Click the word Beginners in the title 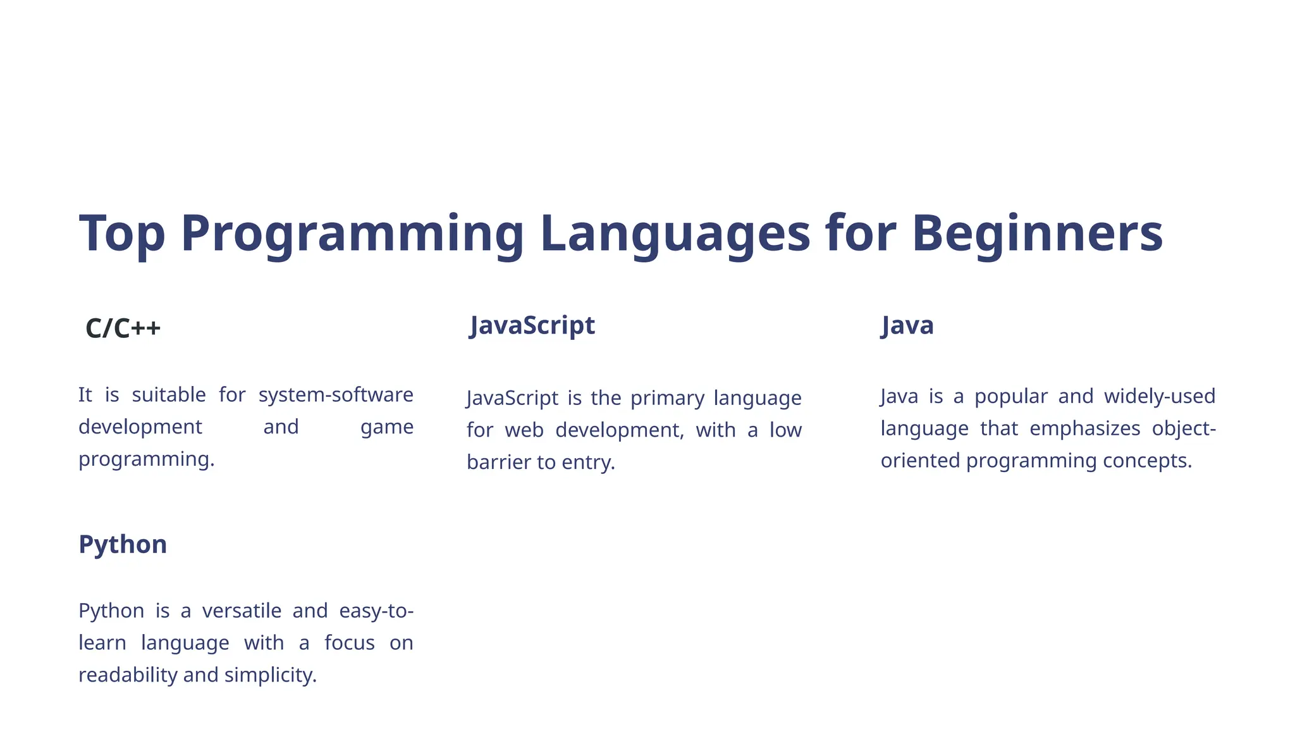pos(1036,234)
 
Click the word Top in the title pos(122,234)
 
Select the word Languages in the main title pos(675,234)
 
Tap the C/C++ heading pos(123,328)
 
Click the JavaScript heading pos(532,325)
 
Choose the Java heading pos(907,325)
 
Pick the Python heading pos(123,544)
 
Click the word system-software pos(336,395)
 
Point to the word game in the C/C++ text pos(386,427)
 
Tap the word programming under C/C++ pos(146,459)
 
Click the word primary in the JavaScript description pos(667,398)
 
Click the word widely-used pos(1159,396)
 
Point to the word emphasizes pos(1084,428)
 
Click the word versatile pos(242,611)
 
